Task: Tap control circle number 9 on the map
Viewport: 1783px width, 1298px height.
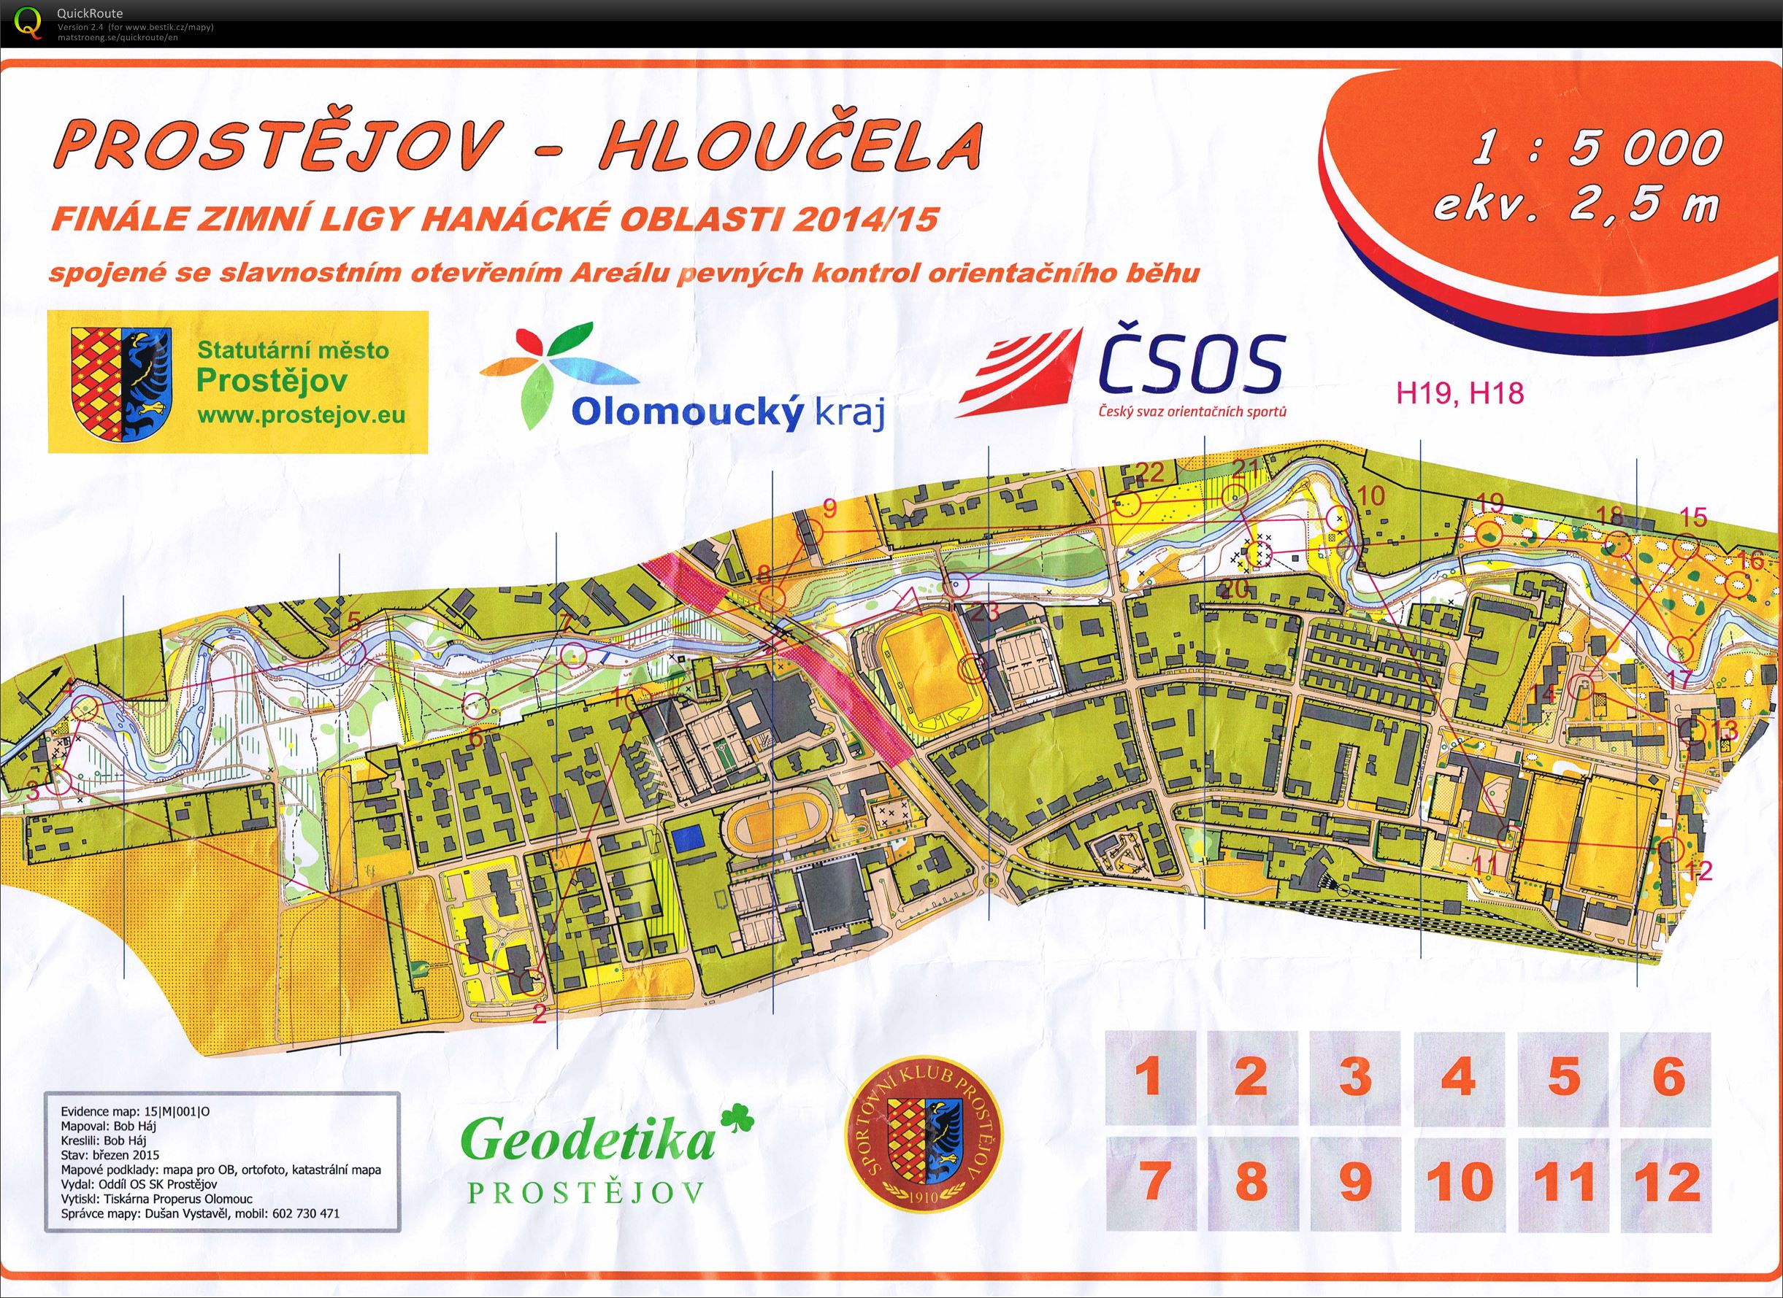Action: [x=810, y=532]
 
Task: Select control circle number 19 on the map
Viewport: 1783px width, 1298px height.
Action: [x=1486, y=535]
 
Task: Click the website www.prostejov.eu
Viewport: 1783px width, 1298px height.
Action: [x=302, y=415]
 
